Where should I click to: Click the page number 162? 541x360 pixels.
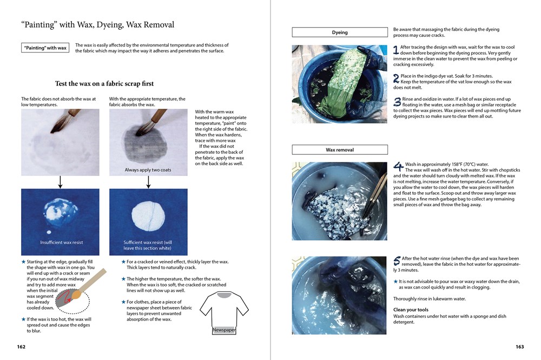(21, 347)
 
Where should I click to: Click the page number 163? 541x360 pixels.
(520, 347)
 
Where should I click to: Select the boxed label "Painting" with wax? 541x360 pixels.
(45, 48)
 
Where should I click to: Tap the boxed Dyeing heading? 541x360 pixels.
(340, 32)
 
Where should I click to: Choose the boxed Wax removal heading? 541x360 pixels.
(340, 150)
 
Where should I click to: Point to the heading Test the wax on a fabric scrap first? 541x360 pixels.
(104, 84)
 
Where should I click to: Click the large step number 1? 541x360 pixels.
(396, 50)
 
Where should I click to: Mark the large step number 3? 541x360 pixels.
(397, 101)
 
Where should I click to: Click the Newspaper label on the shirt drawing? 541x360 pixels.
(223, 330)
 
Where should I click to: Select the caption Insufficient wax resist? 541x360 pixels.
(62, 243)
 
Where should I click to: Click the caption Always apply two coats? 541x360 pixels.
(148, 170)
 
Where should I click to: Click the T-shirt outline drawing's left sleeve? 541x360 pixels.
(207, 308)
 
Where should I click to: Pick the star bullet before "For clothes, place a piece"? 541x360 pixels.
(123, 302)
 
